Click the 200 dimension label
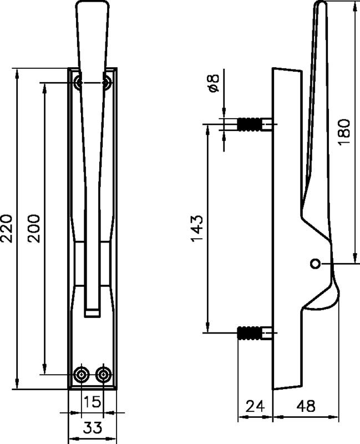(34, 228)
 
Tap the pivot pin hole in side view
(315, 263)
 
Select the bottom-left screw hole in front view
(82, 374)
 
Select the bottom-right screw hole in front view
(103, 374)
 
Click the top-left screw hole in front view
(79, 83)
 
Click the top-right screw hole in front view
(106, 83)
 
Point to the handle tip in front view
(92, 7)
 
